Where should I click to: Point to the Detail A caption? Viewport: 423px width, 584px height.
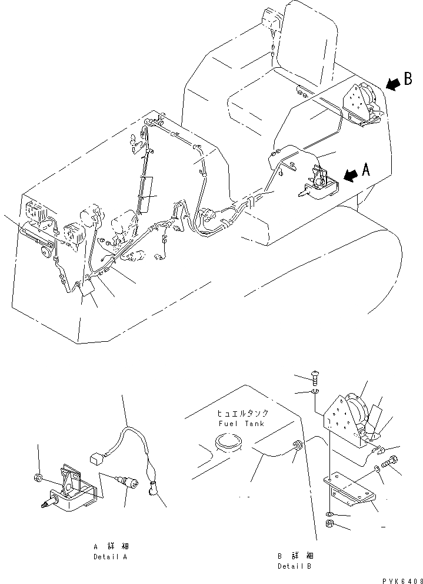click(x=110, y=556)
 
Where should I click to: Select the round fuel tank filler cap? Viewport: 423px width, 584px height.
click(x=229, y=441)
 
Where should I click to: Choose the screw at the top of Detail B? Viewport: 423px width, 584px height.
click(x=315, y=378)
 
